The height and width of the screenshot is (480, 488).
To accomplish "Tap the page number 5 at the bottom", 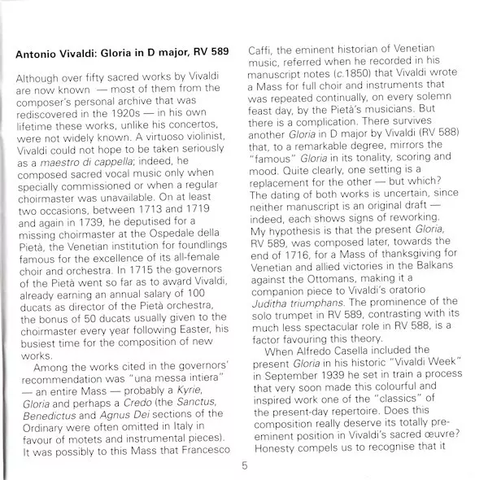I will pos(245,465).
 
